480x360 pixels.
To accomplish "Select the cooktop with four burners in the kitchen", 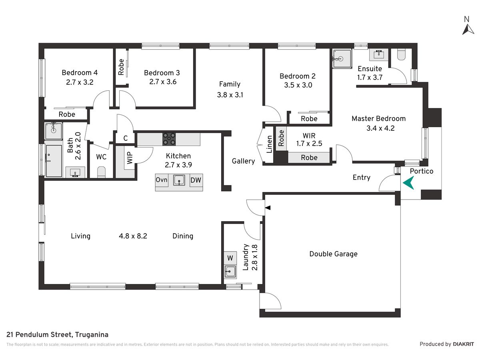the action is [169, 139].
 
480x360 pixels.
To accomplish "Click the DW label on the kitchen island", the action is [196, 180].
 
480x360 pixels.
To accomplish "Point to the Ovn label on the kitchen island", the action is [161, 180].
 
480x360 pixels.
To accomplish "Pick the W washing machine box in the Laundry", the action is [230, 258].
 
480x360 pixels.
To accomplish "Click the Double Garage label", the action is [333, 254].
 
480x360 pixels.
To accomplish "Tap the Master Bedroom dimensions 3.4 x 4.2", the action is [380, 128].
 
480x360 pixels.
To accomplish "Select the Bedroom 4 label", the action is [80, 72].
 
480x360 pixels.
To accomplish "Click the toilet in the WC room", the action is [101, 172].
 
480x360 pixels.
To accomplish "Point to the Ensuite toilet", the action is [401, 54].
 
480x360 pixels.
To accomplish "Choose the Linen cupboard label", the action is [269, 144].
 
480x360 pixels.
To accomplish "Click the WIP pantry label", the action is [130, 158].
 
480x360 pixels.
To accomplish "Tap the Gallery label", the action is [243, 161].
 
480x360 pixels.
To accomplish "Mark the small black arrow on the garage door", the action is [268, 208].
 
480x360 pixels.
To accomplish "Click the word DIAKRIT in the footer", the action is [463, 344].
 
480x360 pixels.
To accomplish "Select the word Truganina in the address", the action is [92, 335].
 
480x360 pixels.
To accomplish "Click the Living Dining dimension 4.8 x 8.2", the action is [133, 236].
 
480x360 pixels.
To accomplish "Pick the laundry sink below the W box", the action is [230, 272].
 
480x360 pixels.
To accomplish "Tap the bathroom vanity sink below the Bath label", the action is [75, 173].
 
